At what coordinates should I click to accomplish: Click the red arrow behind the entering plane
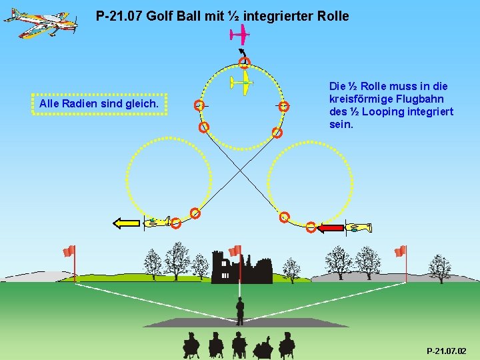point(329,228)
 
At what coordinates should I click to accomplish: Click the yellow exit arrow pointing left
point(127,223)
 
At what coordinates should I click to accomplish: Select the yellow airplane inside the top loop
point(241,83)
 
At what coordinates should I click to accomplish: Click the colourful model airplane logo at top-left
point(40,23)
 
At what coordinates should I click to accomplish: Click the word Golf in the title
point(154,15)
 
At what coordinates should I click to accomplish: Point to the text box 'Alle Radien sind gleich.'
point(99,104)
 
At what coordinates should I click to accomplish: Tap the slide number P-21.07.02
point(446,351)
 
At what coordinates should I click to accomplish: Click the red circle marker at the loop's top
point(245,63)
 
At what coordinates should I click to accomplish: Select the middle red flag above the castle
point(235,251)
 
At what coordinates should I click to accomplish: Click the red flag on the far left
point(69,251)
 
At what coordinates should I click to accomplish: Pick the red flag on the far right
point(400,251)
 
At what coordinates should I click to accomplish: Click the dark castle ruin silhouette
point(241,267)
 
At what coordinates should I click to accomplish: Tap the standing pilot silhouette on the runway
point(240,310)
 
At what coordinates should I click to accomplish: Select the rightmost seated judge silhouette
point(287,344)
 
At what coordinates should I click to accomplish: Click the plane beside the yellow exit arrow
point(157,222)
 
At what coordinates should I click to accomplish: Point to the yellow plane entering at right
point(360,228)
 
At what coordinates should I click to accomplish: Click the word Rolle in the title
point(331,15)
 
